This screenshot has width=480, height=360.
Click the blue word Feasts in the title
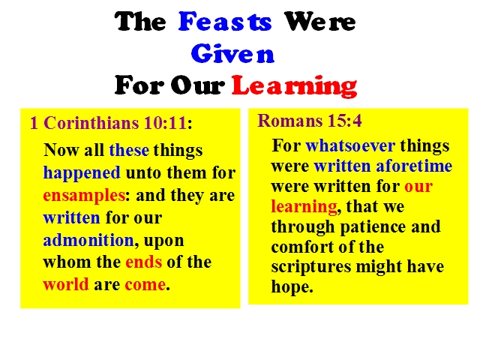click(x=225, y=22)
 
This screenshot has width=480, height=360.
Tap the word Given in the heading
click(x=232, y=53)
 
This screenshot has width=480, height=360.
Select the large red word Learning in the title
click(x=294, y=86)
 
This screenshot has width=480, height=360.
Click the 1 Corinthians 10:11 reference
click(x=111, y=123)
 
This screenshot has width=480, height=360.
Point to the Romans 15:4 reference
click(x=310, y=121)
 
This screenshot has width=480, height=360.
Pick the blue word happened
click(x=82, y=172)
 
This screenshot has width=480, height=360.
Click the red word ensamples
click(x=84, y=196)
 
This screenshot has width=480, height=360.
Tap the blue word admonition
click(x=88, y=240)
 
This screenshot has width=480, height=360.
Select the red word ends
click(x=143, y=262)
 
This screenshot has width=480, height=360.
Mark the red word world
click(x=66, y=284)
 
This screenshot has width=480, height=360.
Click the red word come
click(x=145, y=285)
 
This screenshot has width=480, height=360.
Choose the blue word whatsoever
click(x=350, y=145)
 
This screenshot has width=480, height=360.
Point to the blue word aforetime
click(x=414, y=166)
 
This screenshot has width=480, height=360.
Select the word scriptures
click(x=311, y=267)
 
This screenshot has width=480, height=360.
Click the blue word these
click(x=129, y=150)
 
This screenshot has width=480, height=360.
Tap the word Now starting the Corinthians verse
click(x=61, y=150)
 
